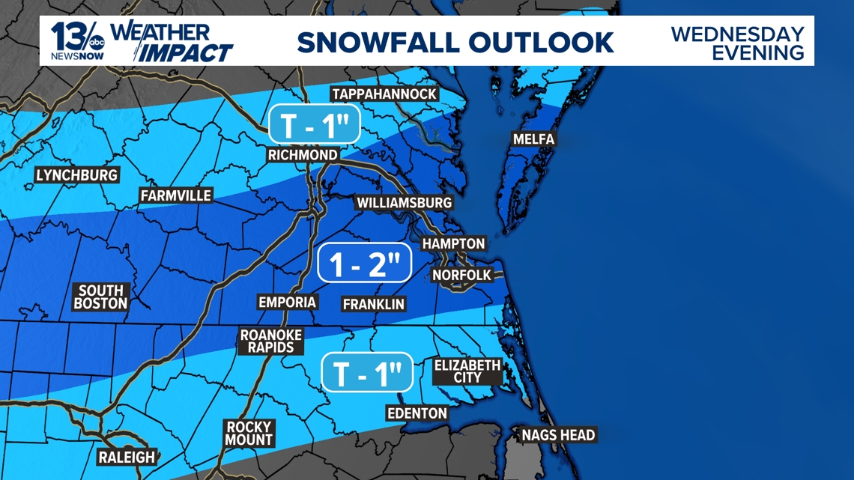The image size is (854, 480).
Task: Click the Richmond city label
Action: click(x=303, y=155)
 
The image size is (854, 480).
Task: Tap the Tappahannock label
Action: click(x=384, y=94)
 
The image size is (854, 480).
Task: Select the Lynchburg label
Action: click(x=77, y=175)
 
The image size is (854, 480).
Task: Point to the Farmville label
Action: click(x=176, y=195)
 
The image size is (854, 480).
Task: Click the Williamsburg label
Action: click(x=404, y=203)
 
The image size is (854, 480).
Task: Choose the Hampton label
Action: click(x=453, y=244)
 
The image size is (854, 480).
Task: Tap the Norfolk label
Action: click(x=461, y=276)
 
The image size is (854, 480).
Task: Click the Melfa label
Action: click(x=533, y=139)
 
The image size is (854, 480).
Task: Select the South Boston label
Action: click(x=101, y=297)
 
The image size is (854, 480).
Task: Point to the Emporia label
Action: click(x=287, y=302)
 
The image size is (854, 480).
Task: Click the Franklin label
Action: click(x=373, y=304)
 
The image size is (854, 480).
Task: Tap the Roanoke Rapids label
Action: click(x=271, y=341)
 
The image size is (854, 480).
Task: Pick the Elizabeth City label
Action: click(x=467, y=371)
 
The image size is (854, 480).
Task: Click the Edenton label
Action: click(x=417, y=413)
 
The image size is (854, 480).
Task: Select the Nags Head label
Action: click(x=558, y=435)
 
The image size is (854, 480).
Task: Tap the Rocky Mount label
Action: click(x=249, y=434)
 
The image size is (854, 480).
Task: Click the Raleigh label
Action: click(x=127, y=457)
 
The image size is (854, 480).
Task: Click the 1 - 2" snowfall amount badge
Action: click(x=364, y=263)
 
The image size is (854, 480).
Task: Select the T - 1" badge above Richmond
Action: click(x=315, y=125)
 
